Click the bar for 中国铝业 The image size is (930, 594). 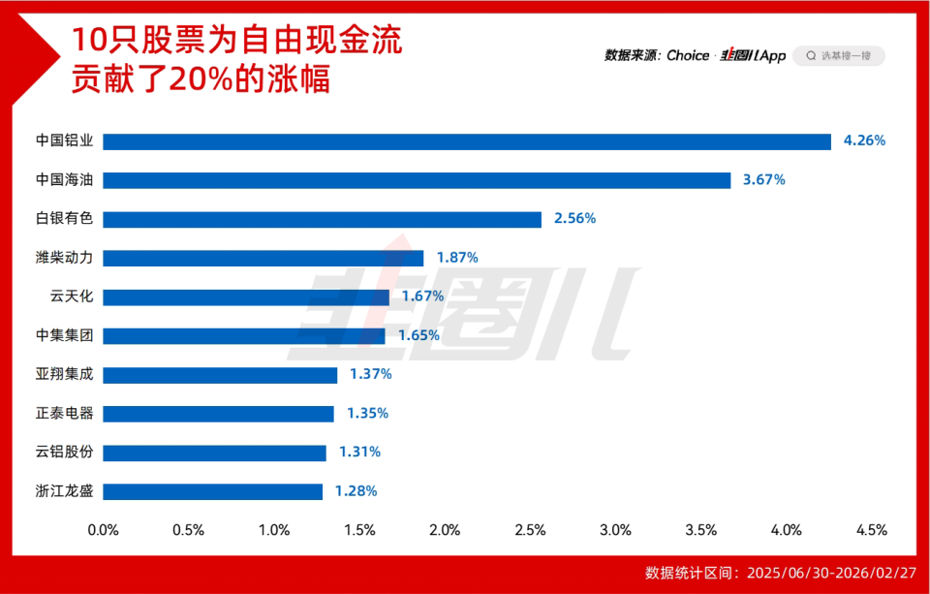click(x=467, y=141)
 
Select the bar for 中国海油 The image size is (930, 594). click(x=417, y=180)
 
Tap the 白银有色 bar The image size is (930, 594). click(x=322, y=219)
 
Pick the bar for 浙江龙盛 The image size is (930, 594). click(x=212, y=491)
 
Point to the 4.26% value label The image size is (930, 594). click(x=864, y=141)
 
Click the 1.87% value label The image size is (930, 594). click(x=457, y=258)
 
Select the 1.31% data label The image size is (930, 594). click(x=359, y=452)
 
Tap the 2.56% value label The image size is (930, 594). click(x=574, y=219)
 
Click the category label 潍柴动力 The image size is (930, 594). click(x=64, y=258)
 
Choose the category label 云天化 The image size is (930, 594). click(x=72, y=297)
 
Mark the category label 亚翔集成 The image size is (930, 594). click(x=64, y=374)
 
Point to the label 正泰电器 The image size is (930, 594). click(x=64, y=413)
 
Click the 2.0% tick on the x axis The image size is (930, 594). click(x=445, y=530)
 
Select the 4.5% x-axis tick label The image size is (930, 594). click(x=871, y=530)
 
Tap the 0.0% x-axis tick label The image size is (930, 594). click(x=104, y=530)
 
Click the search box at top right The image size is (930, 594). click(x=839, y=56)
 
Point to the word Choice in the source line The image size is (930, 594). click(x=688, y=56)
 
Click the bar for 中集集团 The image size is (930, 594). click(x=244, y=335)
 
